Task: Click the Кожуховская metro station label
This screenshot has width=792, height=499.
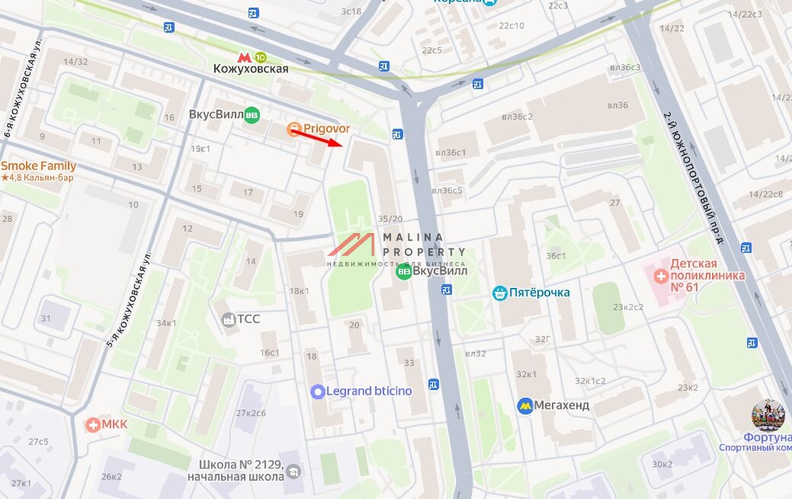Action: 250,69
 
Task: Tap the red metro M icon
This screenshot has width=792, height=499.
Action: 244,56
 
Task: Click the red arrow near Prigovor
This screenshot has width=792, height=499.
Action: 318,138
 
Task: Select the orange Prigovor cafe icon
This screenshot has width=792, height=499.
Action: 293,130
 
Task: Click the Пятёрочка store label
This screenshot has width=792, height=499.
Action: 540,292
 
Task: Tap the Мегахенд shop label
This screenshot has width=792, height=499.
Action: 561,405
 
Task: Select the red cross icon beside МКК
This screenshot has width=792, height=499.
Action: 93,424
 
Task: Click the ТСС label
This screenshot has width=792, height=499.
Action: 249,319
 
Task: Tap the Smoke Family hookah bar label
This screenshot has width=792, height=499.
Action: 38,166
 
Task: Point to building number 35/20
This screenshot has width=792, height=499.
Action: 390,219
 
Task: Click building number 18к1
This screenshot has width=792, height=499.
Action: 299,291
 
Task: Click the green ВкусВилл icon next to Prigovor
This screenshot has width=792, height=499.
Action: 252,116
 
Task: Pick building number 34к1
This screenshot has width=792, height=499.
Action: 166,323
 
